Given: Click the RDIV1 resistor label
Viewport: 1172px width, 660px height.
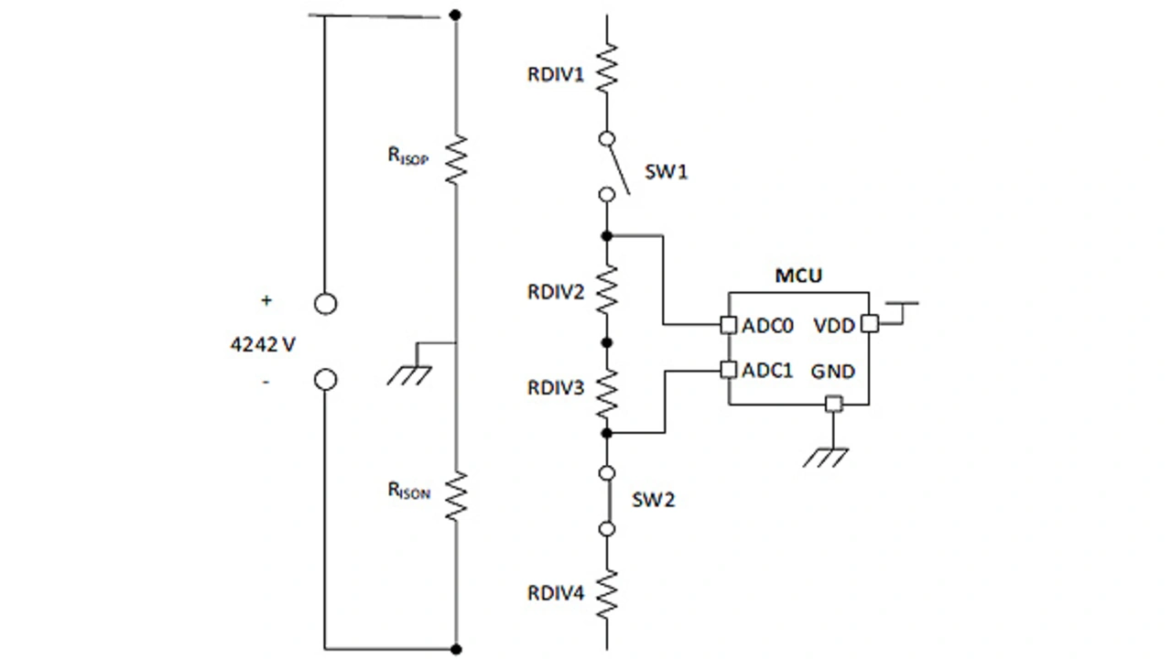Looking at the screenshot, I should (555, 75).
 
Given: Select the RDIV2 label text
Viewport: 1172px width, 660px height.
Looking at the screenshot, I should (555, 293).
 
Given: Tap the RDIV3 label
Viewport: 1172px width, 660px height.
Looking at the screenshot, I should (555, 388).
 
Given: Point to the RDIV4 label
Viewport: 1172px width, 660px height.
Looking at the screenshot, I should (555, 593).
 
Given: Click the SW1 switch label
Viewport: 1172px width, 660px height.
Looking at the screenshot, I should (666, 172).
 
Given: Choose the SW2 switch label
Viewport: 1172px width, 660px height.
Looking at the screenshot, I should (653, 501).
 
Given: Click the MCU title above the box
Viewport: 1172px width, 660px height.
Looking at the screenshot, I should (798, 275).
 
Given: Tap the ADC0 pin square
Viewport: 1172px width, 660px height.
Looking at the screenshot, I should (728, 324).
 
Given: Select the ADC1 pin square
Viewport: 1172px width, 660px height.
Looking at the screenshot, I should (728, 370).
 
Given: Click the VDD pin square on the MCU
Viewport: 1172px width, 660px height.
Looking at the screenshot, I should (869, 324).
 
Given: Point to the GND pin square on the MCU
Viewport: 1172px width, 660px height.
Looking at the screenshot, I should (832, 404).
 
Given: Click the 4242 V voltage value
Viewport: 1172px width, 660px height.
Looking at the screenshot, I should (262, 346).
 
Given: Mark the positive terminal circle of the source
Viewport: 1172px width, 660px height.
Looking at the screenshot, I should (325, 304).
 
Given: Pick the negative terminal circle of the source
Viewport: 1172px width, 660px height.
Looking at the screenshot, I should (325, 380).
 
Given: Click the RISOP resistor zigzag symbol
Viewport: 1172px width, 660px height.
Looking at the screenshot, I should (456, 159).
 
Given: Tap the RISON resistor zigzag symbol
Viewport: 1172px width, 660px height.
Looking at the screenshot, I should (456, 495).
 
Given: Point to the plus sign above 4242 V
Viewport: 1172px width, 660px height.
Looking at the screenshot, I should (266, 300).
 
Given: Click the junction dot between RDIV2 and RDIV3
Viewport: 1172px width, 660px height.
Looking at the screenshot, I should (605, 342).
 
